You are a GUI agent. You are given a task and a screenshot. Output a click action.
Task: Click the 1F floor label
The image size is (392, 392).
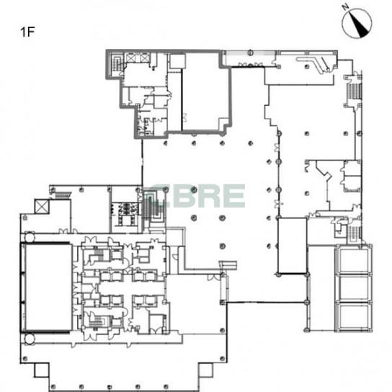27,32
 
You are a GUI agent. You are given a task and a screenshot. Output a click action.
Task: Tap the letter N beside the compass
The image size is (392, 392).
346,7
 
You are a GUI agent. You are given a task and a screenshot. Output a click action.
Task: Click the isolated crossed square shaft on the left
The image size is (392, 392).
42,207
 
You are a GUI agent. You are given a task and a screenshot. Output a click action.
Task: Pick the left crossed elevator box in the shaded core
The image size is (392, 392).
131,58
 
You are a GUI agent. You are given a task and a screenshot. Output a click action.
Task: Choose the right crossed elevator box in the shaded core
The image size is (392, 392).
145,58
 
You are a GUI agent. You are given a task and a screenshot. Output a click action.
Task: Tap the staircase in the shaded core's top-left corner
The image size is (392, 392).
116,63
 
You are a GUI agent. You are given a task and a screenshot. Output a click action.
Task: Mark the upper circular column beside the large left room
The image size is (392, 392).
30,237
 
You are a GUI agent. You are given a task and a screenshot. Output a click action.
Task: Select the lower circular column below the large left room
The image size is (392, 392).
30,339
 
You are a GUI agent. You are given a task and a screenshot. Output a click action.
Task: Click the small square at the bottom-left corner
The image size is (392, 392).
42,370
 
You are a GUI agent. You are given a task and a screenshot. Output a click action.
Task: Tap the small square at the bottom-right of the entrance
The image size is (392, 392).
205,370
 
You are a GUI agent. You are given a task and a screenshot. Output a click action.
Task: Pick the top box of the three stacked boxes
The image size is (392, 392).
354,260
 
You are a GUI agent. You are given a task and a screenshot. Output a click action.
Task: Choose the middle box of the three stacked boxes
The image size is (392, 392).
354,288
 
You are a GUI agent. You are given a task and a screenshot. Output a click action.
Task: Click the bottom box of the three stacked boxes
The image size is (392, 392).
354,316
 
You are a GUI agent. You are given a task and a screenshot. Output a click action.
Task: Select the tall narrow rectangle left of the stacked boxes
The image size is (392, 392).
293,246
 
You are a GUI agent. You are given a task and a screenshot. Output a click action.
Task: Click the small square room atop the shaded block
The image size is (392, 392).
177,61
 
